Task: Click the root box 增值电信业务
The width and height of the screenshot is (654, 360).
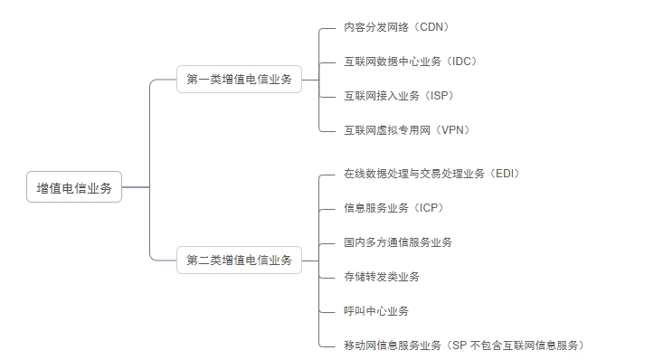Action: (x=74, y=187)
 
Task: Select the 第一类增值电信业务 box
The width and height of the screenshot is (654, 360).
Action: (x=239, y=80)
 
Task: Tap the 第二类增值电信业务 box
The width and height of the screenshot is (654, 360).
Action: (x=239, y=260)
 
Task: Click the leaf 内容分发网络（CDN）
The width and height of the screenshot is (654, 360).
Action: (x=396, y=28)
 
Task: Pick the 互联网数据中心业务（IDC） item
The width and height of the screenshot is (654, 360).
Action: (x=410, y=62)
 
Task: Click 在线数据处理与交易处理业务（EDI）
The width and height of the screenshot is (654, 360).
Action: (x=431, y=173)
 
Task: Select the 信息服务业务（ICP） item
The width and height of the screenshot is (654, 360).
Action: (x=393, y=207)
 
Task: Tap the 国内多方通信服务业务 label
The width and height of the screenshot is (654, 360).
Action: (x=398, y=242)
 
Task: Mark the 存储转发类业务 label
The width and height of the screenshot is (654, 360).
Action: (x=382, y=276)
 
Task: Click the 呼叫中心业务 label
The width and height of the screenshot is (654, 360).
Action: (x=376, y=310)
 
